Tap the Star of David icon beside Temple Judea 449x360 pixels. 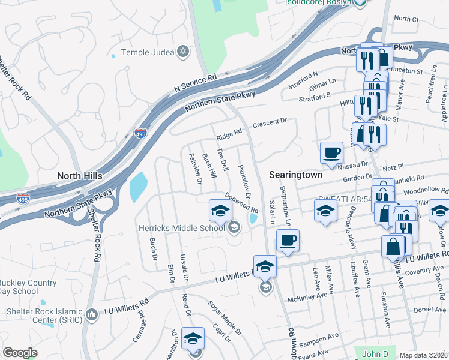(x=183, y=52)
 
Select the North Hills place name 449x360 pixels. (x=79, y=176)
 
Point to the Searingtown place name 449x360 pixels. (x=296, y=175)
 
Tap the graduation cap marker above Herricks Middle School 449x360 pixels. (x=220, y=211)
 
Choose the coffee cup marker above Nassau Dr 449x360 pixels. (x=331, y=153)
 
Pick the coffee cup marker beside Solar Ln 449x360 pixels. (x=288, y=241)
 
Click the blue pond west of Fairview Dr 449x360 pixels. (x=139, y=188)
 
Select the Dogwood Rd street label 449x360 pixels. (x=241, y=203)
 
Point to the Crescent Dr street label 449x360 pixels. (x=270, y=122)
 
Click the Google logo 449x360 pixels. (x=20, y=353)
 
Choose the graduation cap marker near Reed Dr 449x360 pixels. (x=193, y=340)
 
